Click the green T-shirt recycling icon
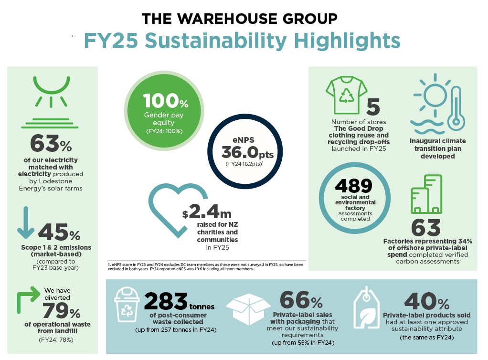[x=346, y=95]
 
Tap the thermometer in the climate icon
[x=454, y=105]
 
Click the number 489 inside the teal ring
[x=354, y=185]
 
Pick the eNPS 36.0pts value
[x=246, y=152]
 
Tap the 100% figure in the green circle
[x=166, y=101]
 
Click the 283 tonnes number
[x=165, y=301]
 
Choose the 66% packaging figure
[x=301, y=300]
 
